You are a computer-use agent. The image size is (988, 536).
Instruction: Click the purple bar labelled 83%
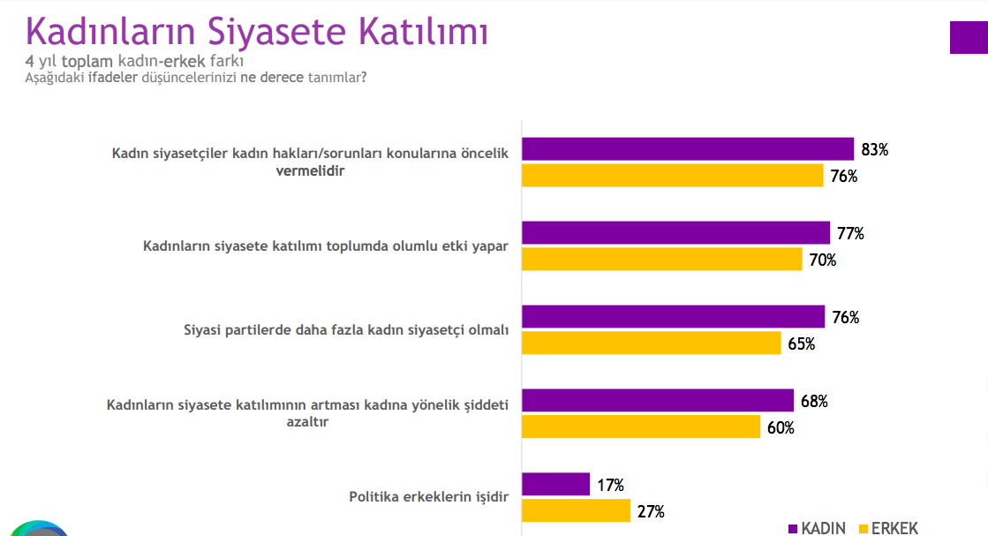click(x=688, y=149)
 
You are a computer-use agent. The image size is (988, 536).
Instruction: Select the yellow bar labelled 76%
click(x=672, y=176)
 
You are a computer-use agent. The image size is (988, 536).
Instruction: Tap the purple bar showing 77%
click(x=675, y=233)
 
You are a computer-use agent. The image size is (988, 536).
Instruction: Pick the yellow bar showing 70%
click(x=661, y=260)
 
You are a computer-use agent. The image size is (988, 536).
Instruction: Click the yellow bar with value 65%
click(x=651, y=343)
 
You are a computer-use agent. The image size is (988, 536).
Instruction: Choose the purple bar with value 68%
click(x=658, y=401)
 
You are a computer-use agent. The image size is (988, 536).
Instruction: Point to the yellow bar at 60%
click(x=641, y=427)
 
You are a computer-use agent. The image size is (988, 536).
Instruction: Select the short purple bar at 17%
click(x=555, y=485)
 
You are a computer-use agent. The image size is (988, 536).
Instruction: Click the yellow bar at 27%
click(x=576, y=510)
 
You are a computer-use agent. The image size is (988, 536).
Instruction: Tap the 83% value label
click(x=875, y=150)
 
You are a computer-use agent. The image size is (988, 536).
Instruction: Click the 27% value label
click(x=651, y=511)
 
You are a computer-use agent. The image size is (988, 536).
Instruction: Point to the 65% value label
click(x=802, y=343)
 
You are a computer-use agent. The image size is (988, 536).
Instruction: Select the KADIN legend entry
click(x=818, y=528)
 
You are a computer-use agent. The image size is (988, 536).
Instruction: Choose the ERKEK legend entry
click(x=889, y=528)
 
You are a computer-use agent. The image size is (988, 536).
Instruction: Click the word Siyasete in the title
click(x=276, y=32)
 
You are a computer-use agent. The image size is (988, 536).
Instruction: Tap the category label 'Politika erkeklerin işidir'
click(x=428, y=497)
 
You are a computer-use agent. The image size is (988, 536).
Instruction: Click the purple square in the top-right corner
click(x=969, y=37)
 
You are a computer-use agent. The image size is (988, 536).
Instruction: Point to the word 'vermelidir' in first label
click(x=310, y=170)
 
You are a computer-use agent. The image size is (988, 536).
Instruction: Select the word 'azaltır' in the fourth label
click(x=307, y=422)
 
